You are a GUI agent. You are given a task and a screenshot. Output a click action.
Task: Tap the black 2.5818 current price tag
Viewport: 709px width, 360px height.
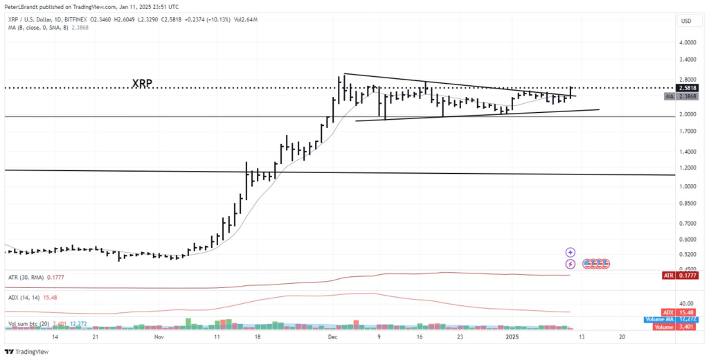tap(688, 88)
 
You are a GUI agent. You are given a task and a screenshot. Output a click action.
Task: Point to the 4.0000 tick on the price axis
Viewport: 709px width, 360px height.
tap(687, 43)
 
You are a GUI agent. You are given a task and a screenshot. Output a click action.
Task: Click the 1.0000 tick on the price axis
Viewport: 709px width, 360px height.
tap(687, 186)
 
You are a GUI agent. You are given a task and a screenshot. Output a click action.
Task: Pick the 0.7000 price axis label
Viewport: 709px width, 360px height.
tap(687, 223)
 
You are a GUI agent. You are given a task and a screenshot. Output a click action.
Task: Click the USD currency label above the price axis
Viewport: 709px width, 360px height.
tap(686, 21)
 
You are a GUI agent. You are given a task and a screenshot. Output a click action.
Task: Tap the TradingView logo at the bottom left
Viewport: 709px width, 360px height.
tap(28, 352)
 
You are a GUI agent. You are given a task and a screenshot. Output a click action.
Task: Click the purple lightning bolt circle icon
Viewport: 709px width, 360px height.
tap(571, 264)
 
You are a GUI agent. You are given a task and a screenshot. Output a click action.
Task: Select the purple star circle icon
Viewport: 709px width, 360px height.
tap(571, 253)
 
